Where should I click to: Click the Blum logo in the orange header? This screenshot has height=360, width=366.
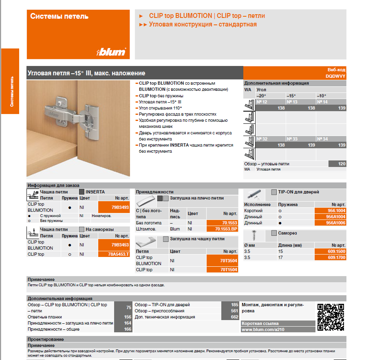(111, 52)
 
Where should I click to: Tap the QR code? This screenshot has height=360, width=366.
(331, 317)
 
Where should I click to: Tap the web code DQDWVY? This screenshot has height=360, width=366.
(335, 76)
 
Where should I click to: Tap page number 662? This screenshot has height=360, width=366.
(234, 317)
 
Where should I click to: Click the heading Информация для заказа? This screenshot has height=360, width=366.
(53, 185)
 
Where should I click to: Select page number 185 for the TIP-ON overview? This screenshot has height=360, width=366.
(234, 305)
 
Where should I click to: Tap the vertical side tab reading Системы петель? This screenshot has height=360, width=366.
(11, 91)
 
